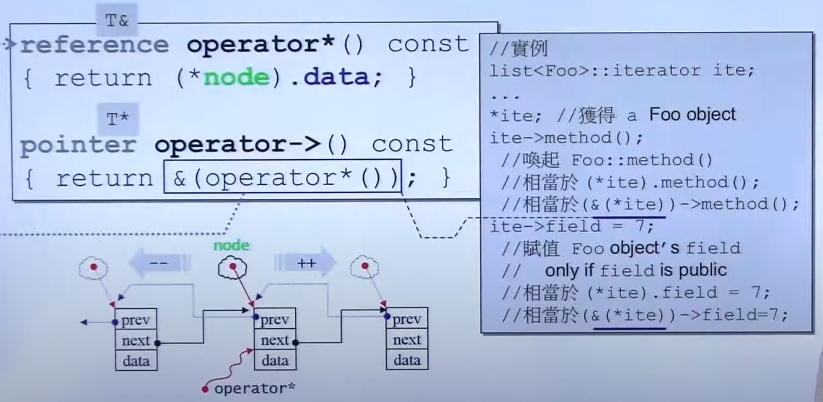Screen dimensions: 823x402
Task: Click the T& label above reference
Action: pos(117,20)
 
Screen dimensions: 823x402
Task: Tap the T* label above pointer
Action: pos(118,119)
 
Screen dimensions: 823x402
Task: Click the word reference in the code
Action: pos(94,45)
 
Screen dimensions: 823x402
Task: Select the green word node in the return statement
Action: pos(236,77)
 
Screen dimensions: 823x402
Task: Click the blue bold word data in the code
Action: pos(336,77)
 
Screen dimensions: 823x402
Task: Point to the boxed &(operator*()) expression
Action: pos(282,177)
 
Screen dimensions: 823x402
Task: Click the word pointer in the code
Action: pos(78,145)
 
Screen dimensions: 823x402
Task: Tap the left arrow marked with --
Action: pos(159,263)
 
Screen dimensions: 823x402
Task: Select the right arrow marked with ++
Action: pos(306,263)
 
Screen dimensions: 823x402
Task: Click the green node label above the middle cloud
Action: pos(232,245)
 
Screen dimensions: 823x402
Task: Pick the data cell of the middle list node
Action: pos(275,360)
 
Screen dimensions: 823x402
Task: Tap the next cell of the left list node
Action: pos(136,340)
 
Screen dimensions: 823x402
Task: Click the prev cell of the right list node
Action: pos(407,319)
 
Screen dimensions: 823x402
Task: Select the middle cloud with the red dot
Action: pos(232,268)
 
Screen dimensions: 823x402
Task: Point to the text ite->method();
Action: pos(566,138)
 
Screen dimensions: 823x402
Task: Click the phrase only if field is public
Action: pos(636,270)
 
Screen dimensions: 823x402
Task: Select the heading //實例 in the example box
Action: pos(519,49)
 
